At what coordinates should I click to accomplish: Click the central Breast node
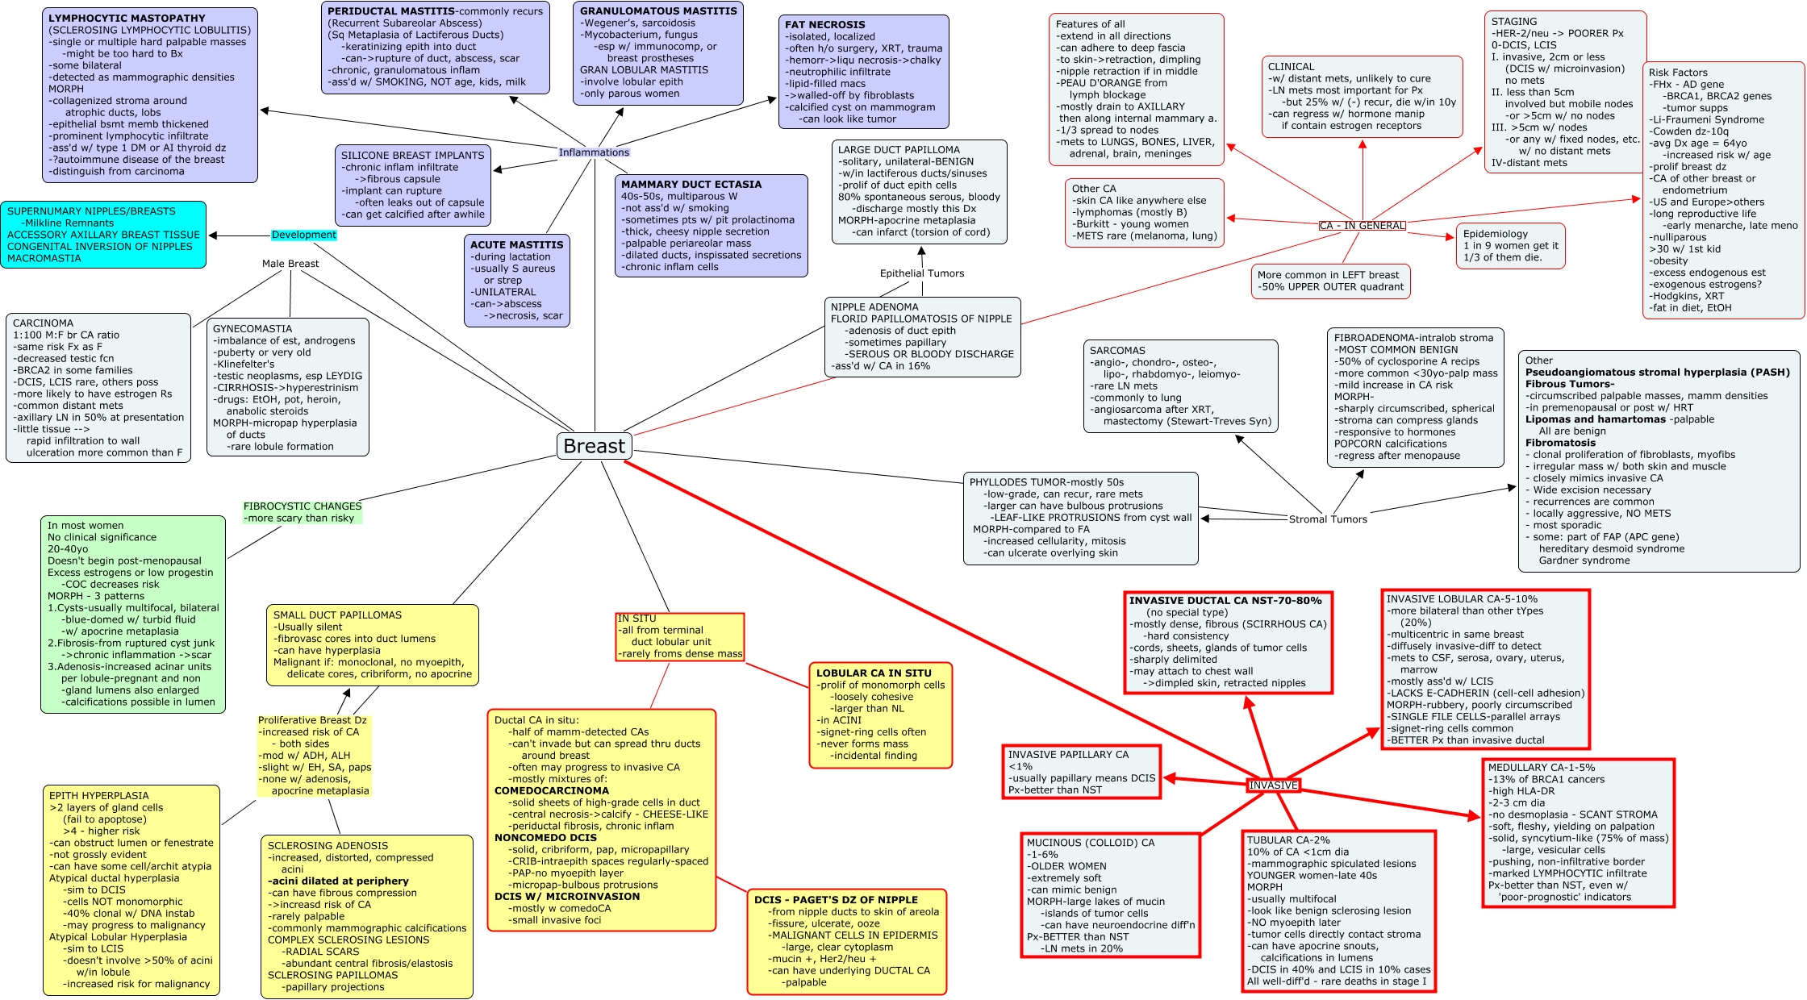click(x=594, y=446)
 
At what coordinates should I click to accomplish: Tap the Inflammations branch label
click(x=594, y=152)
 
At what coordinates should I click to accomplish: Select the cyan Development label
click(x=303, y=235)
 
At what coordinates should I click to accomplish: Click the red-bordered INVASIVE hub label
click(x=1273, y=785)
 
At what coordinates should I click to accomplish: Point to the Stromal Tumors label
click(x=1328, y=519)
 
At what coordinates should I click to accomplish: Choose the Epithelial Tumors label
click(x=922, y=273)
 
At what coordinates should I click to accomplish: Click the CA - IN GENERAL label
click(x=1362, y=226)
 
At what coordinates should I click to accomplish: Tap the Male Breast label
click(x=290, y=264)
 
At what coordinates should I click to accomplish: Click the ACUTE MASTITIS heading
click(x=517, y=245)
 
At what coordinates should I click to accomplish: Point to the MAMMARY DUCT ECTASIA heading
click(x=691, y=185)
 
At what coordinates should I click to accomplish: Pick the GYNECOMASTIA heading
click(x=252, y=329)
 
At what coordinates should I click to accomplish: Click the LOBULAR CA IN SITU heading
click(x=874, y=673)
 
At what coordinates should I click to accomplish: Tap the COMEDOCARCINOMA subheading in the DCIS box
click(x=552, y=791)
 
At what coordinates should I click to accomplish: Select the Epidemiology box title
click(x=1496, y=234)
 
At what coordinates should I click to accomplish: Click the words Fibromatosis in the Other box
click(x=1560, y=443)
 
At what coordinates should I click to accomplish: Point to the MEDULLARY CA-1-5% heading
click(x=1542, y=768)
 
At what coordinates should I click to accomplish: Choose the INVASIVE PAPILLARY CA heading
click(x=1068, y=755)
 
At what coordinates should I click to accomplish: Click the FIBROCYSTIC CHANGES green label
click(x=303, y=506)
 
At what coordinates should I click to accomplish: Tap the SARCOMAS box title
click(x=1117, y=351)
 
